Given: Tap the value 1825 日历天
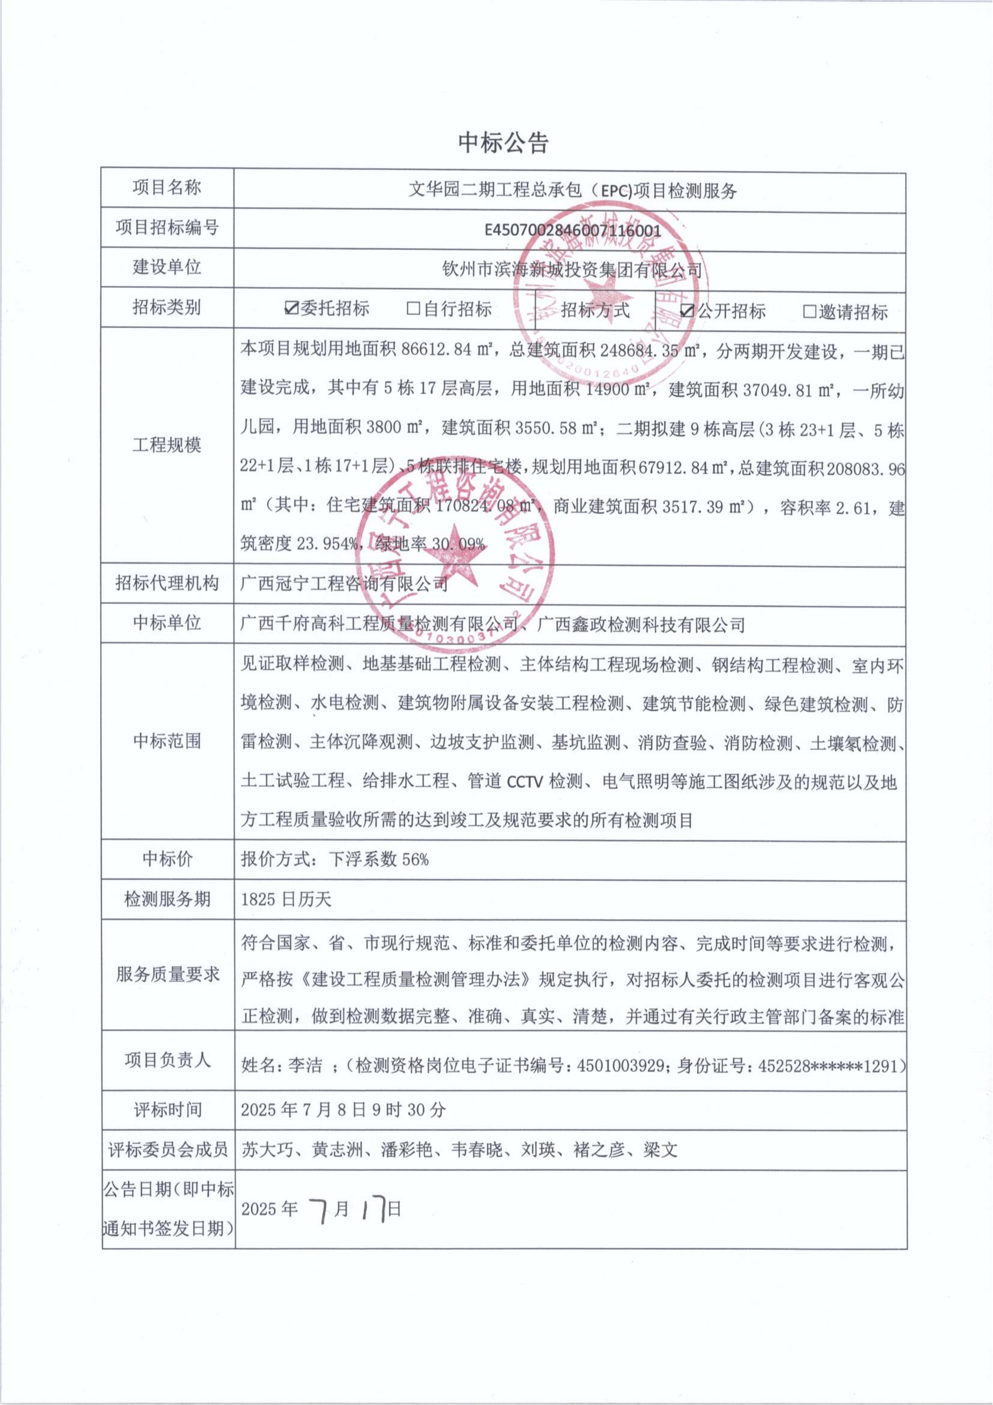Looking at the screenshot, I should click(286, 899).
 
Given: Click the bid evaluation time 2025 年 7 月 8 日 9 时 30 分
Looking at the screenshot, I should click(343, 1109).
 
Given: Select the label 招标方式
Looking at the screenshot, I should click(595, 310).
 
